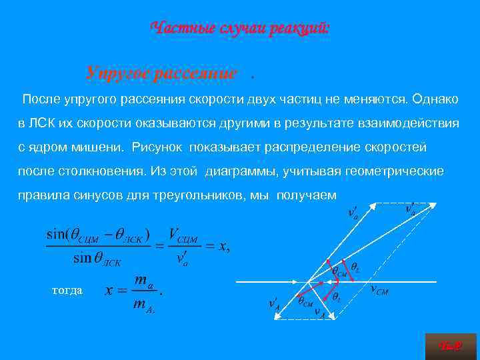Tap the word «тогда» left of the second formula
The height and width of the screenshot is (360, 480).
pos(67,290)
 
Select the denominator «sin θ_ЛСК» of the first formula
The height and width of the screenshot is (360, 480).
pos(97,258)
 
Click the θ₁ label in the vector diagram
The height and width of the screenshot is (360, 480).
pos(336,297)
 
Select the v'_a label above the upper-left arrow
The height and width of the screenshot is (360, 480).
pos(353,212)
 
